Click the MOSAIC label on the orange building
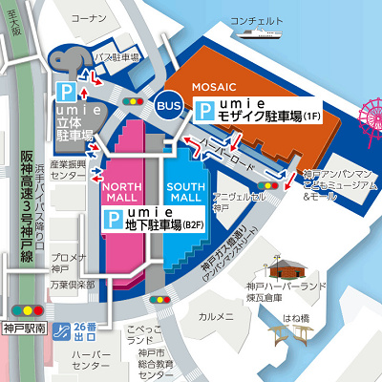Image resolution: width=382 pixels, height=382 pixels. tap(216, 87)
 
